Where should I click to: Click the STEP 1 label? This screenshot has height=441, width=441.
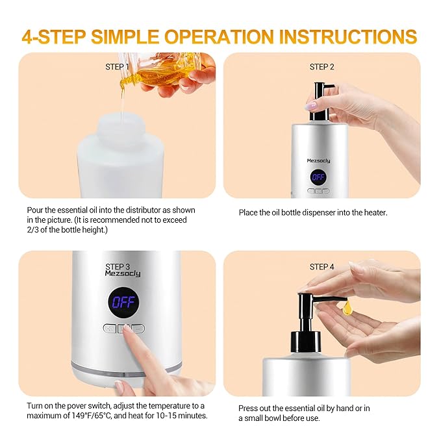click(118, 67)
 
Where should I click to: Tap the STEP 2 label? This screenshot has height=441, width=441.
click(322, 67)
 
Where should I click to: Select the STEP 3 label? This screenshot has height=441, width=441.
click(118, 266)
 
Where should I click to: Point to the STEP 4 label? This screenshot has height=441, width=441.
click(322, 266)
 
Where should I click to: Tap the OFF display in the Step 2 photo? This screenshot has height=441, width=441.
click(318, 177)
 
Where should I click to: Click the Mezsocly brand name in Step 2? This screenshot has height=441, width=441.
click(318, 160)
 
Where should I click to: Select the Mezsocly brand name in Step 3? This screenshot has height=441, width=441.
click(122, 273)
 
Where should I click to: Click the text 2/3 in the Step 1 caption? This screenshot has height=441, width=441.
click(34, 229)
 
